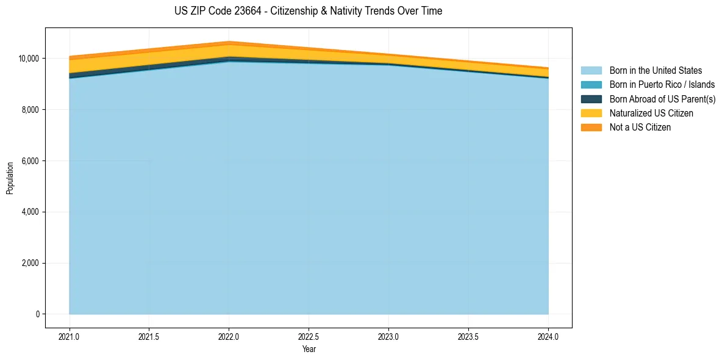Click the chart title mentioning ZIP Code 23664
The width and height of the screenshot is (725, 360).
[308, 11]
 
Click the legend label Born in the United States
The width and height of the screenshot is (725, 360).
[655, 71]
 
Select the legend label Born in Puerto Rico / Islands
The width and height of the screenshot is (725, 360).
[662, 85]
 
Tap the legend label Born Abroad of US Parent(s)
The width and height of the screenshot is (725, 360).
[662, 99]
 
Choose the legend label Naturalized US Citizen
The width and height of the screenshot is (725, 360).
[651, 113]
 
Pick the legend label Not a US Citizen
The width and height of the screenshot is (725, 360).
[640, 128]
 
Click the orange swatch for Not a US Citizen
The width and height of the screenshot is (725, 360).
[591, 128]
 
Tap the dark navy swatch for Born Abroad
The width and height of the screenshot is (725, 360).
[591, 99]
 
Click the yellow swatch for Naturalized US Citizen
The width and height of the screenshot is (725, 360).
[591, 113]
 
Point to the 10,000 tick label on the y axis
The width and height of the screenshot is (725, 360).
[29, 59]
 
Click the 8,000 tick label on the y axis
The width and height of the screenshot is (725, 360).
[30, 110]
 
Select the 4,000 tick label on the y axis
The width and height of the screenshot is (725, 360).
[30, 212]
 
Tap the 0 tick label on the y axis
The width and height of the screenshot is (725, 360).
[37, 314]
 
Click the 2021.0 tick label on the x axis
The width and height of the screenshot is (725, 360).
[70, 336]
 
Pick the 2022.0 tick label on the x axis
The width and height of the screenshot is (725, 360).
[229, 336]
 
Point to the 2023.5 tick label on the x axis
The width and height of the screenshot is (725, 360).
[468, 336]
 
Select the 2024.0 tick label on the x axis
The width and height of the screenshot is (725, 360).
[548, 336]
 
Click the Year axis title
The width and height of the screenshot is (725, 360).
[309, 349]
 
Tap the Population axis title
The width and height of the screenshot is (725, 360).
[10, 178]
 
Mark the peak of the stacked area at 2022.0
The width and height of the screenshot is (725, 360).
[229, 41]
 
